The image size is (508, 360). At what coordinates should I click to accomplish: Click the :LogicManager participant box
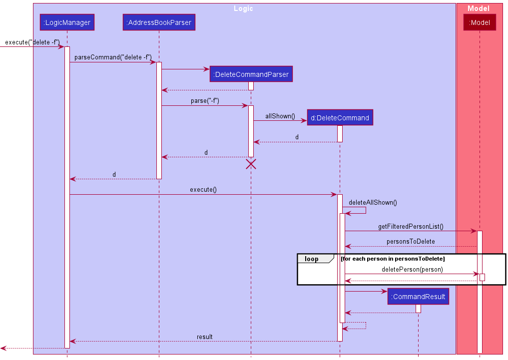pos(67,22)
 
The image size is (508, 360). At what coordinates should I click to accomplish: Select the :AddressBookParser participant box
pos(159,22)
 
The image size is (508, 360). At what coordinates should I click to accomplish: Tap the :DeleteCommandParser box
pos(251,74)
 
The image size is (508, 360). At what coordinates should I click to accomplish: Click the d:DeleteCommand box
pos(340,118)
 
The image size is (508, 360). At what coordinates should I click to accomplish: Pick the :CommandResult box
pos(418,297)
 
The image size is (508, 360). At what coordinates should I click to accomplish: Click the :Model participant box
pos(479,22)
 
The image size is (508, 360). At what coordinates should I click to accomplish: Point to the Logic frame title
pos(243,8)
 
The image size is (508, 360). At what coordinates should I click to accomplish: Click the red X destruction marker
pos(251,164)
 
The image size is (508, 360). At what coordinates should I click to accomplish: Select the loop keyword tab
pos(312,259)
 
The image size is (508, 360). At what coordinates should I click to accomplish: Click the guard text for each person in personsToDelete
pos(393,259)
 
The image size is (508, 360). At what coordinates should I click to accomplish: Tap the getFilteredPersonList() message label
pos(411,227)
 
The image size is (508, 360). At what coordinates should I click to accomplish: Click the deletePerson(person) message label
pos(412,270)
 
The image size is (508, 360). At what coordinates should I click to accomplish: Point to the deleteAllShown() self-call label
pos(373,202)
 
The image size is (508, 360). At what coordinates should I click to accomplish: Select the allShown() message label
pos(280,116)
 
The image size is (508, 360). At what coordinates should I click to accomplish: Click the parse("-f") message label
pos(205,101)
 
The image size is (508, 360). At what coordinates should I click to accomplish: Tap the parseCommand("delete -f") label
pos(113,57)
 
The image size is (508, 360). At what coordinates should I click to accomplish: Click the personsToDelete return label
pos(411,242)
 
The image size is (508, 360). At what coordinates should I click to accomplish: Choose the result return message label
pos(204,337)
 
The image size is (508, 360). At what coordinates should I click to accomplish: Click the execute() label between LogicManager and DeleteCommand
pos(203,190)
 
